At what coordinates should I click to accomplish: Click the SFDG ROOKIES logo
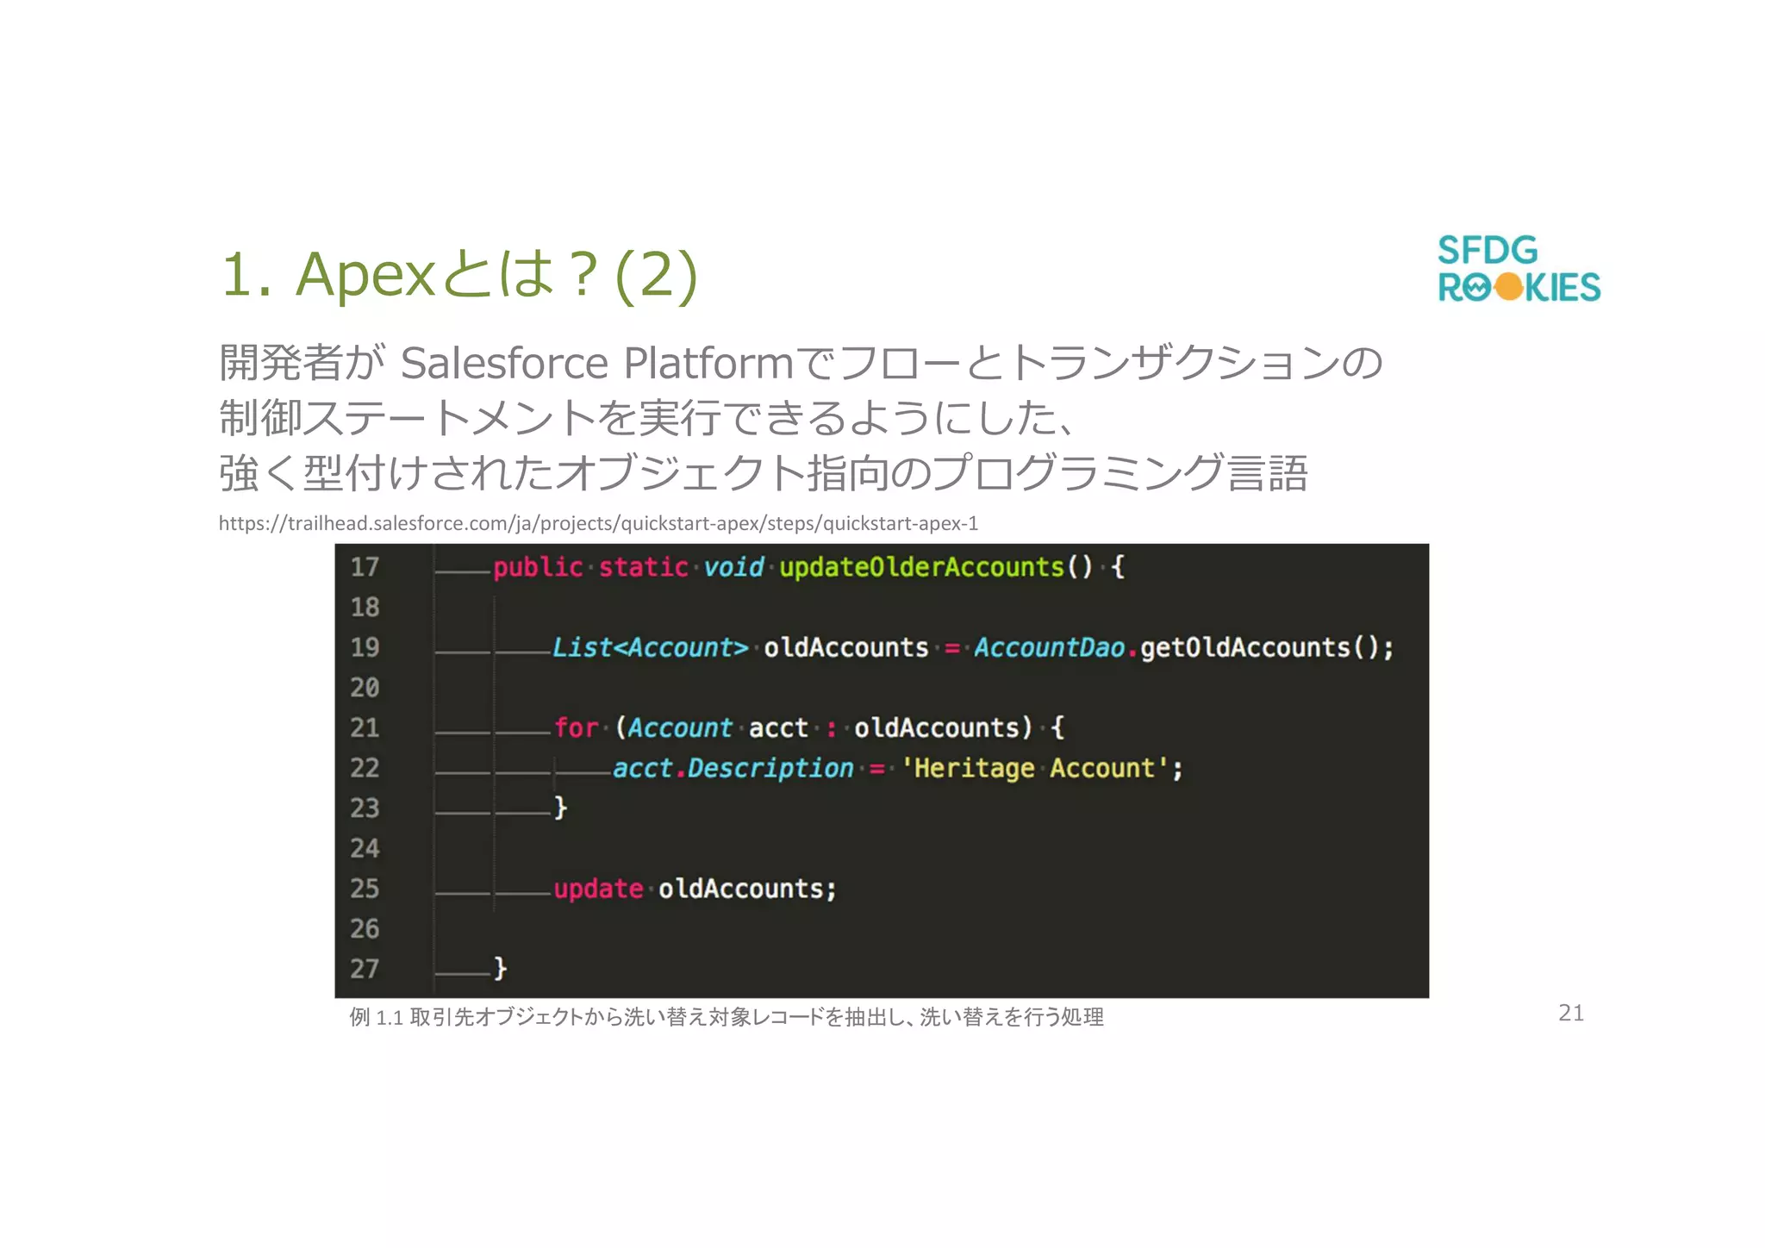point(1519,269)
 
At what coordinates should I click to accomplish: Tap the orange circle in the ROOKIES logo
point(1509,287)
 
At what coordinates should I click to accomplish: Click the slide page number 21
point(1571,1013)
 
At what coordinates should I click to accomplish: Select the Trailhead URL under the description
point(598,523)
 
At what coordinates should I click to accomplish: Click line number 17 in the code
point(365,567)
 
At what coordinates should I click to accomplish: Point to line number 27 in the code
point(365,969)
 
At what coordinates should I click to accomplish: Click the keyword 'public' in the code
point(538,567)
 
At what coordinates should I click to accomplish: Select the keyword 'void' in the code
point(733,567)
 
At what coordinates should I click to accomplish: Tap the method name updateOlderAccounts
point(921,567)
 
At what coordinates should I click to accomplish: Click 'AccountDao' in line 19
point(1049,647)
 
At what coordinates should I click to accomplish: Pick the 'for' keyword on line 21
point(576,727)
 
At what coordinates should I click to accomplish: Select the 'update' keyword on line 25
point(598,889)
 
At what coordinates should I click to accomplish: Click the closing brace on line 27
point(500,969)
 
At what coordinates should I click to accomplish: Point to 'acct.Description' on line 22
point(733,768)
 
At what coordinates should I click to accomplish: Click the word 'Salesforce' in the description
point(505,363)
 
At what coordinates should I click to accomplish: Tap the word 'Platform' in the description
point(708,363)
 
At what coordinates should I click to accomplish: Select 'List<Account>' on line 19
point(650,647)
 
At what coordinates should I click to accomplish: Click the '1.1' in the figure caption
point(390,1018)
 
